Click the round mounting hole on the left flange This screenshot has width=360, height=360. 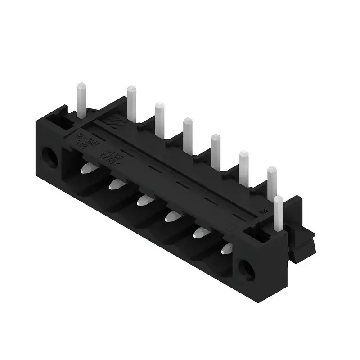tap(50, 157)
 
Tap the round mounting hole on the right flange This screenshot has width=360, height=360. tap(247, 269)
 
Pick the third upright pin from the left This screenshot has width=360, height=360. tap(160, 118)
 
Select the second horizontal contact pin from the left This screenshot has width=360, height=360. tap(117, 184)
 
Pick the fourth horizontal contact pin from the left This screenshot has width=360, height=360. tap(172, 216)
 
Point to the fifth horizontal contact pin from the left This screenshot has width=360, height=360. tap(201, 232)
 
